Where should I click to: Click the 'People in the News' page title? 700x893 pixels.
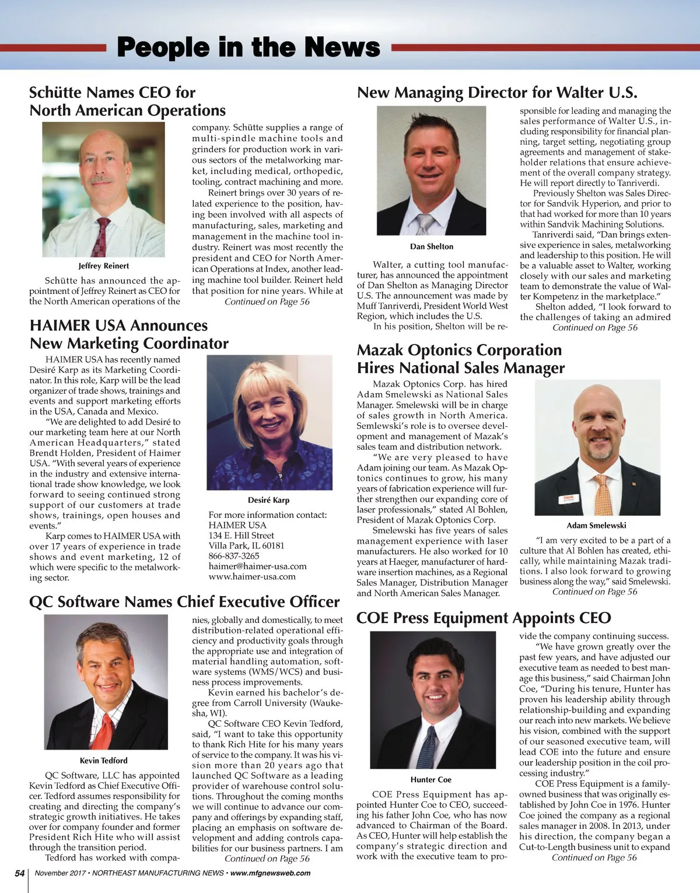tap(249, 47)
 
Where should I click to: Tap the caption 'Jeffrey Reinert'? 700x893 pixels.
tap(104, 266)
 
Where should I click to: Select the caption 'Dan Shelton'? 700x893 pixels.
tap(432, 247)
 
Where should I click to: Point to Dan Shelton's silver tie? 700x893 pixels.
tap(425, 224)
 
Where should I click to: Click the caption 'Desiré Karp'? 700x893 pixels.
tap(268, 500)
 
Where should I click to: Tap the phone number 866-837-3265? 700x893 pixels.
tap(234, 556)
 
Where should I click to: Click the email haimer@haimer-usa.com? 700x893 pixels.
tap(257, 566)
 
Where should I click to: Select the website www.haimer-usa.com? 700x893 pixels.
tap(252, 577)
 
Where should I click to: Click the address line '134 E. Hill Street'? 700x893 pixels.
tap(242, 535)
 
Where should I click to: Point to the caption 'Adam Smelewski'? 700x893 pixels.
tap(596, 526)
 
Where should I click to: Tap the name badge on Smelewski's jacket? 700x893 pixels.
tap(568, 499)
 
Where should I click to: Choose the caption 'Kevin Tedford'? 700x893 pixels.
tap(104, 761)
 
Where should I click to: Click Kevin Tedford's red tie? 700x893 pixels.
tap(104, 730)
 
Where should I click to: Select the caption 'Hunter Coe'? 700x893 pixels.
tap(431, 780)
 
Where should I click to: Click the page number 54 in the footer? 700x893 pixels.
tap(20, 873)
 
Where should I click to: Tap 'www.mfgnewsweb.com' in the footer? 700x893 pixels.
tap(271, 873)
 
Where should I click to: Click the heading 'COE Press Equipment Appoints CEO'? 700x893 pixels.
tap(484, 618)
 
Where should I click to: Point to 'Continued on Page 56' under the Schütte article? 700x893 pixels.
tap(267, 302)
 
